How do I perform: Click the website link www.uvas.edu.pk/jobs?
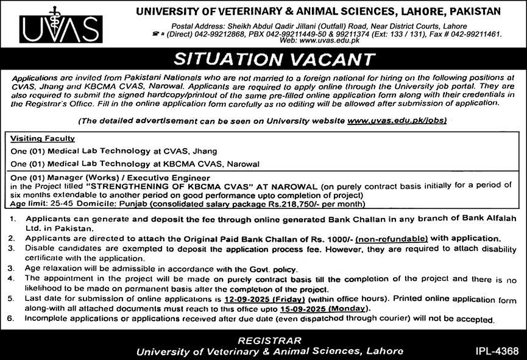pos(397,121)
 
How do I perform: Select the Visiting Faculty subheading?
pos(43,139)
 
